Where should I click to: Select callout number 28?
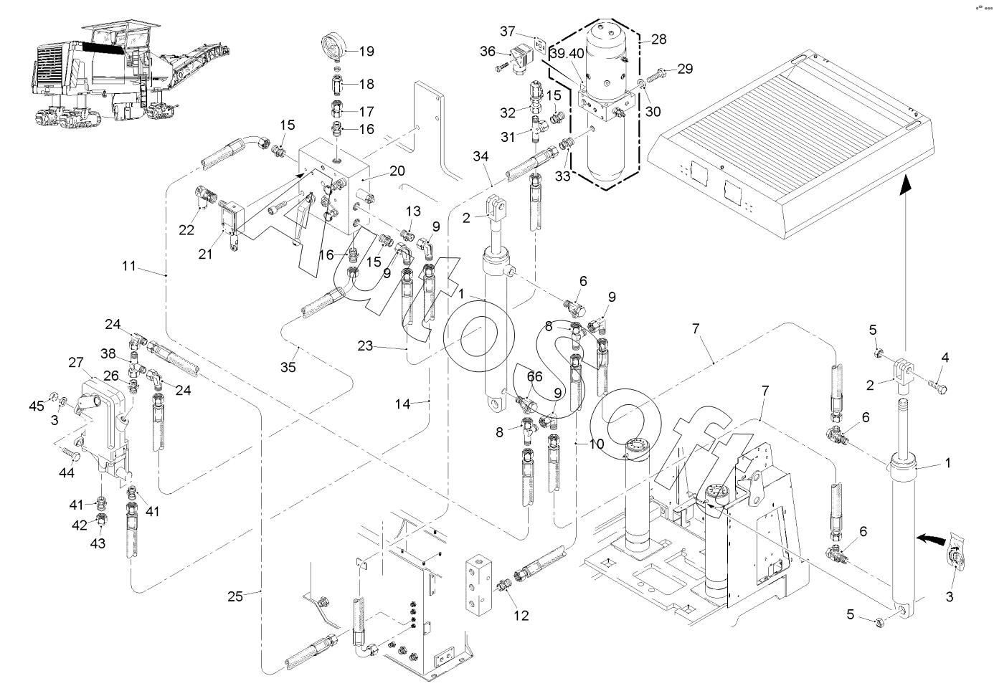(x=659, y=38)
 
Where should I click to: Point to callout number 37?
(x=508, y=31)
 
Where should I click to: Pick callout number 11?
(x=128, y=267)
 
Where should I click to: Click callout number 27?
(x=77, y=363)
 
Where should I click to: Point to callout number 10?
(x=597, y=444)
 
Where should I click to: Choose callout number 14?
(x=402, y=404)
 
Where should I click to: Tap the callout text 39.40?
(x=567, y=54)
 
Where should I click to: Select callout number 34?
(x=481, y=156)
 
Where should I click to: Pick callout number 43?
(x=98, y=544)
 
